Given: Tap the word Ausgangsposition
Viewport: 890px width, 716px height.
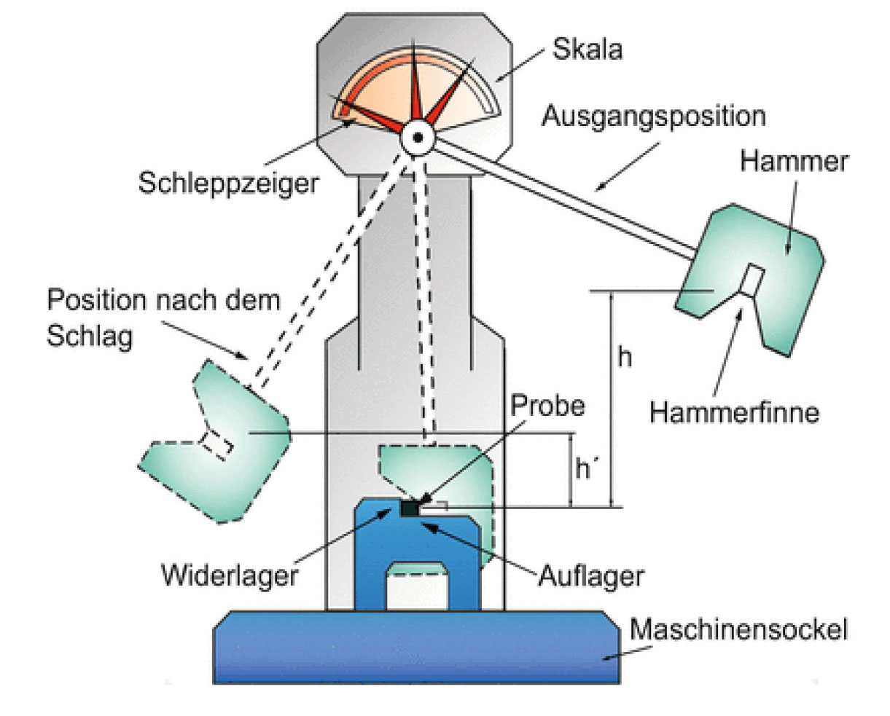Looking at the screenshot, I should click(x=653, y=117).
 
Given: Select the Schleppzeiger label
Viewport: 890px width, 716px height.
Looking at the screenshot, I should click(x=228, y=183).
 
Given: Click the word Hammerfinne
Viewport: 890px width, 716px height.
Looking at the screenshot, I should click(x=734, y=412).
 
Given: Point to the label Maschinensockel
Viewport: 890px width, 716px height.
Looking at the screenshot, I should click(x=738, y=629).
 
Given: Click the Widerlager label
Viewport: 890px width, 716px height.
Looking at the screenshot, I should click(x=230, y=575).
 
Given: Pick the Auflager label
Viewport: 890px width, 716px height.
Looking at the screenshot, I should click(x=591, y=575).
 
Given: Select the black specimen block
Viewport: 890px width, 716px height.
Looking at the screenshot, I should click(x=410, y=508).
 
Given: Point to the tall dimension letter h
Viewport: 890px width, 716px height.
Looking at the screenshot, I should click(x=624, y=358).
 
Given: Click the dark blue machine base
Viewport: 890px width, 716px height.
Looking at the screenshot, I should click(x=415, y=648).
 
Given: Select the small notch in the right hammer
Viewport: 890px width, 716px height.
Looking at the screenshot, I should click(x=752, y=280).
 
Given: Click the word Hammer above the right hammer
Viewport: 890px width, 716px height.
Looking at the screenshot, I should click(x=794, y=161).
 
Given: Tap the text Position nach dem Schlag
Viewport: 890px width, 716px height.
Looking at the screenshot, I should click(x=163, y=318).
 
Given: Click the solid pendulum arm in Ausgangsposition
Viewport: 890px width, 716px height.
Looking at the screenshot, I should click(x=561, y=197).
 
